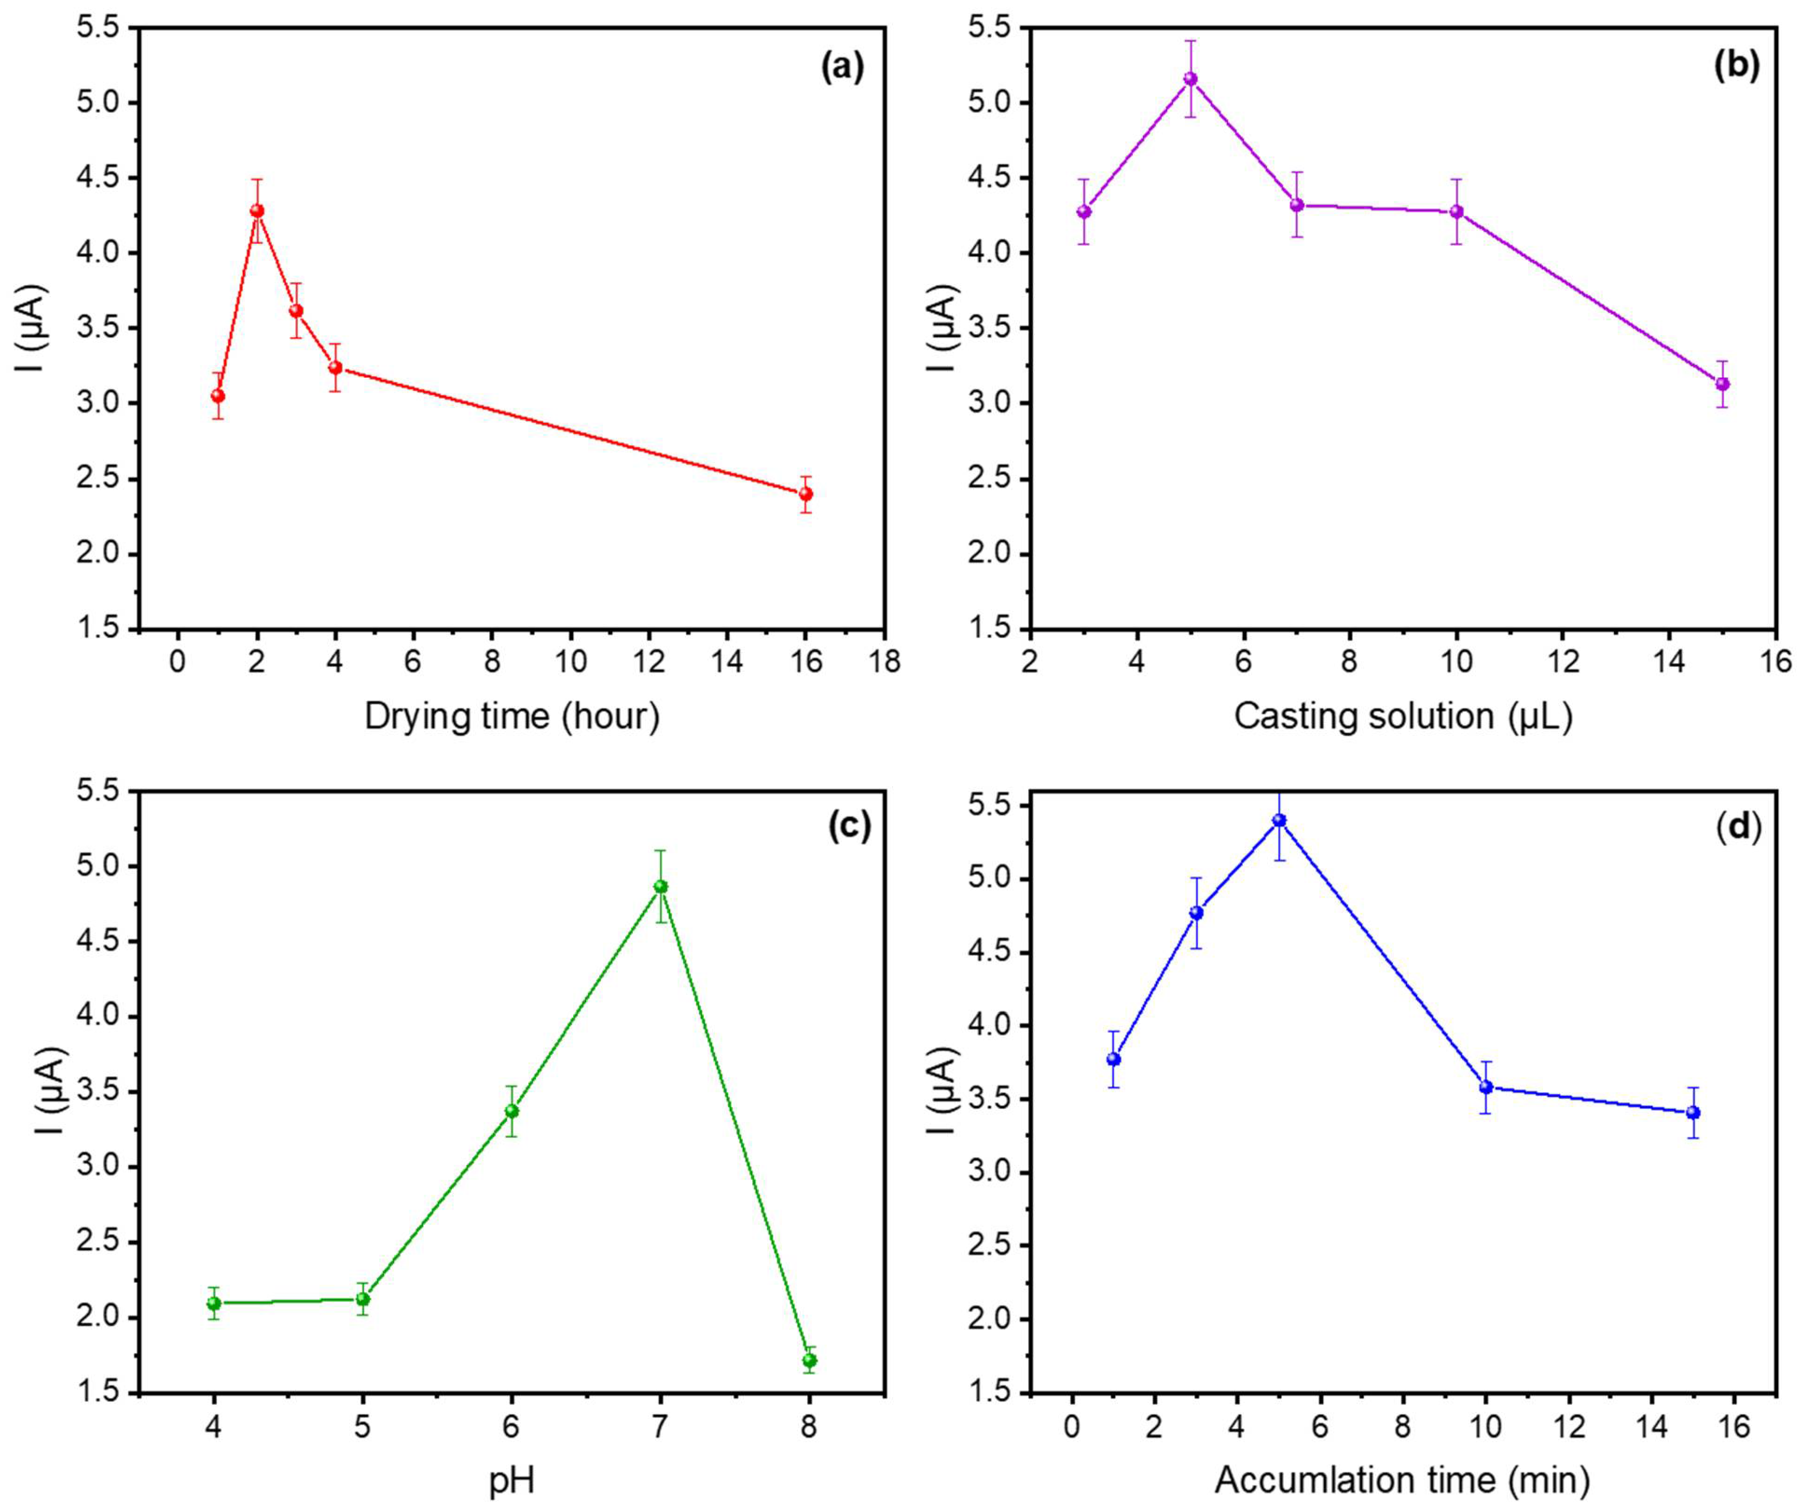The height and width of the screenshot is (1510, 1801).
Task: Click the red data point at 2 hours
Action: click(x=256, y=211)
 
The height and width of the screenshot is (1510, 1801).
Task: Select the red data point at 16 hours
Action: click(x=805, y=494)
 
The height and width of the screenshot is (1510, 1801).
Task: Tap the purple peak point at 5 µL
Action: click(x=1191, y=79)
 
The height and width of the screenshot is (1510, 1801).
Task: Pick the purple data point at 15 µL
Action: click(x=1722, y=384)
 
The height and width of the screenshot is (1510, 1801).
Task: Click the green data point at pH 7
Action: click(x=660, y=887)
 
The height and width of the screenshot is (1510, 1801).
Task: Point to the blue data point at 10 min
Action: click(x=1486, y=1087)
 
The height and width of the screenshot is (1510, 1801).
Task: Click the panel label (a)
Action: click(x=842, y=66)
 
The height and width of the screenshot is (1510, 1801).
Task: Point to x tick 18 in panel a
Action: click(x=884, y=663)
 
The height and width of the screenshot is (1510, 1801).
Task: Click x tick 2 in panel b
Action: click(x=1031, y=663)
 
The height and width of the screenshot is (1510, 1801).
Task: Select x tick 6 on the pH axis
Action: click(x=512, y=1427)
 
